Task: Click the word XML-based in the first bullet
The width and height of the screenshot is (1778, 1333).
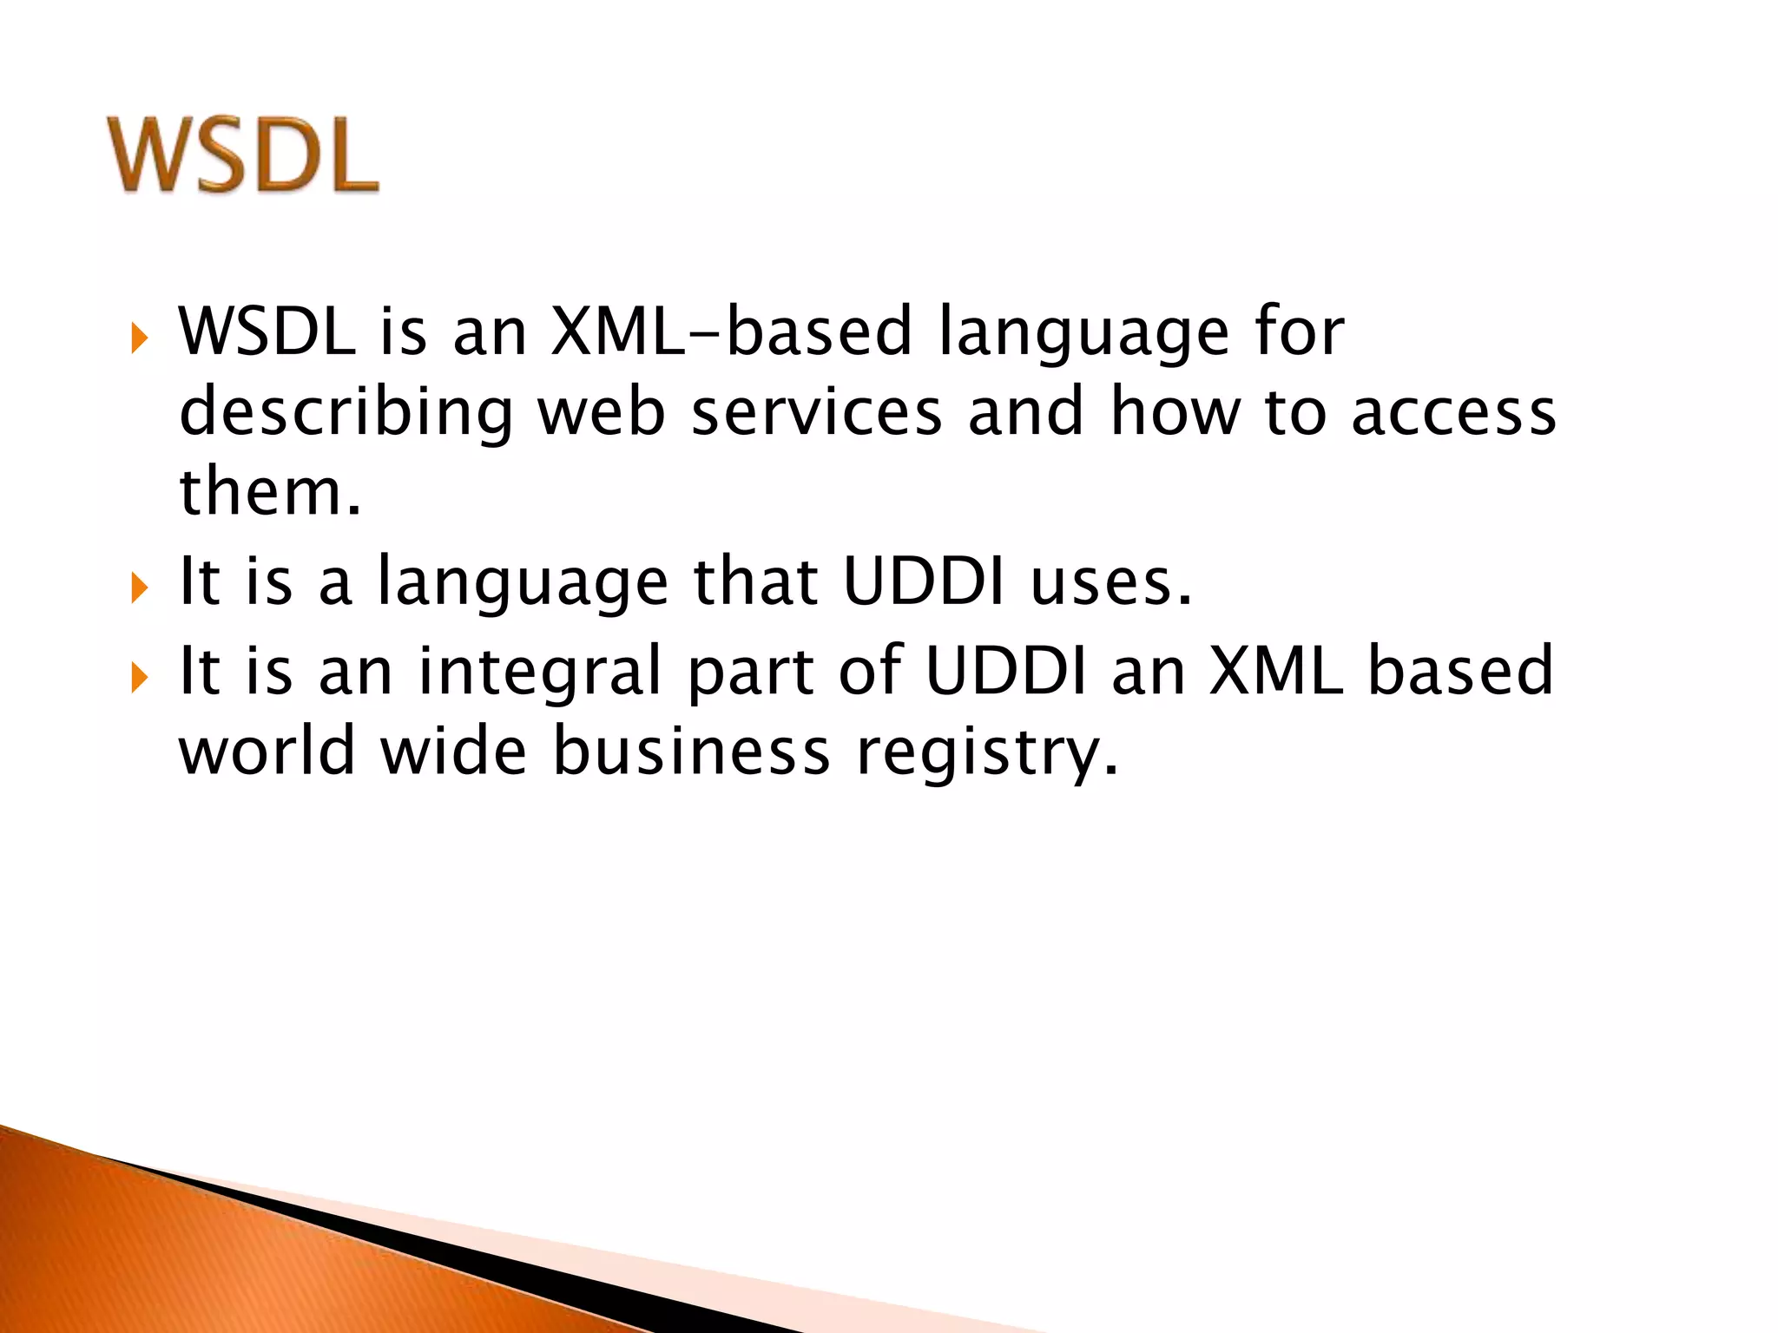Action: pos(731,332)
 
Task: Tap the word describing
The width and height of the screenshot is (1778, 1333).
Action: pos(346,413)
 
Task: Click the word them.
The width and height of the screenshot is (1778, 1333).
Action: pos(269,491)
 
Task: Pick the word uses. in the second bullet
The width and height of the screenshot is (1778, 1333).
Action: pos(1111,581)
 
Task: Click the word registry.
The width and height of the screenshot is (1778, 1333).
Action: pos(987,752)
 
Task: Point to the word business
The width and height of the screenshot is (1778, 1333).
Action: pos(691,750)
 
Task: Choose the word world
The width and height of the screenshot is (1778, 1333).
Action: pos(267,750)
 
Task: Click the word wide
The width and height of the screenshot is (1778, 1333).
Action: pos(453,750)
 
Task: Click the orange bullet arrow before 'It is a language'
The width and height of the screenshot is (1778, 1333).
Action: pos(140,588)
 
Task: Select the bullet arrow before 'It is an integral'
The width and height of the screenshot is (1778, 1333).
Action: pos(140,677)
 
